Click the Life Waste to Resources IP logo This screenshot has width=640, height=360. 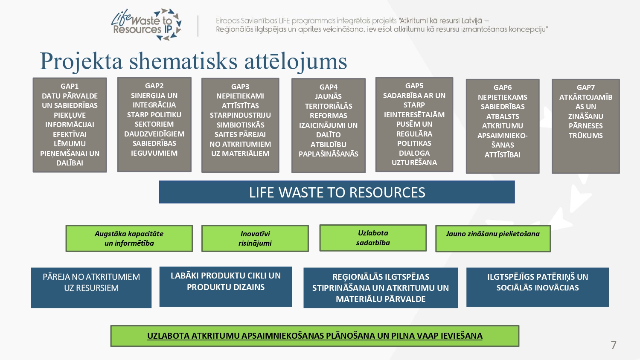pyautogui.click(x=146, y=24)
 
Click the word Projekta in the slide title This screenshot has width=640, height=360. pyautogui.click(x=81, y=61)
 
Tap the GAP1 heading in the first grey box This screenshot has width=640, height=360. pyautogui.click(x=70, y=86)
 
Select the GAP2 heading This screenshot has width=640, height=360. pyautogui.click(x=154, y=86)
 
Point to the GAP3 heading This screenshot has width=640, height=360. pyautogui.click(x=240, y=86)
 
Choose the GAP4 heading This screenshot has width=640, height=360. pyautogui.click(x=328, y=87)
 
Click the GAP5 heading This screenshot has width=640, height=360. pyautogui.click(x=414, y=86)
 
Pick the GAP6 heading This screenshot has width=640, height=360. pyautogui.click(x=502, y=87)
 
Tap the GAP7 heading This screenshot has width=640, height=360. pyautogui.click(x=585, y=87)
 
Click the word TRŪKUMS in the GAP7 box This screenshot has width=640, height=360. pyautogui.click(x=585, y=136)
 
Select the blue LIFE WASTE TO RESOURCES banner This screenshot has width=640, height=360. pyautogui.click(x=337, y=192)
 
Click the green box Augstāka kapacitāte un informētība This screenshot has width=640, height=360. pyautogui.click(x=129, y=238)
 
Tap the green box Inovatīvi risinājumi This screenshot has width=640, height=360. pyautogui.click(x=255, y=238)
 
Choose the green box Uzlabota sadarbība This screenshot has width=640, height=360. pyautogui.click(x=373, y=238)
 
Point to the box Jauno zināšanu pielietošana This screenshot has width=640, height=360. pyautogui.click(x=493, y=238)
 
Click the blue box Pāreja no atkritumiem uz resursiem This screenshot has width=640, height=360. pyautogui.click(x=91, y=288)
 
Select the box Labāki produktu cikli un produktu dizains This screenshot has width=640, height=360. pyautogui.click(x=226, y=287)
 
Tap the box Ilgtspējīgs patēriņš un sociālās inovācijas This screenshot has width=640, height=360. pyautogui.click(x=538, y=287)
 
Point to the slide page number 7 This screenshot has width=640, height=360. pyautogui.click(x=614, y=345)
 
